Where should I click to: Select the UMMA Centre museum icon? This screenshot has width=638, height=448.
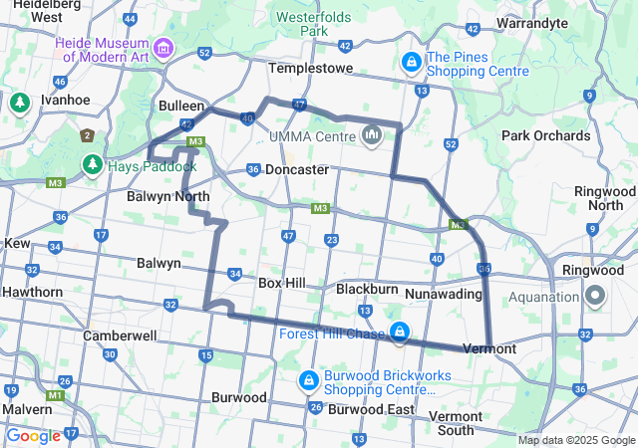[372, 134]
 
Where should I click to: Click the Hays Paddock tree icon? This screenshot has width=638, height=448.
[93, 164]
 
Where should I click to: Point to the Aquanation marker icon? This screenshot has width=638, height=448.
[595, 296]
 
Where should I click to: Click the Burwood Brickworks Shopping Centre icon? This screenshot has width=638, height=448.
[309, 381]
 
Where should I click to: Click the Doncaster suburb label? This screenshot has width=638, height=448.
[296, 169]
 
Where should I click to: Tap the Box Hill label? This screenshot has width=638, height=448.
[281, 283]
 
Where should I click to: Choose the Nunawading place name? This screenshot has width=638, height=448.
[445, 294]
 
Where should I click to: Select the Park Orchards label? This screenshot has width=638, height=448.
[545, 135]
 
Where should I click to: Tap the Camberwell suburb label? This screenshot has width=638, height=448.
[119, 336]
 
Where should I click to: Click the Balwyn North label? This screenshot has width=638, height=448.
[167, 196]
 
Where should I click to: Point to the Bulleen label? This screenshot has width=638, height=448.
[181, 106]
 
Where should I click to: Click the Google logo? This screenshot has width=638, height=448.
[33, 435]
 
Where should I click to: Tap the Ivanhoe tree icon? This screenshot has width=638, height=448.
[20, 102]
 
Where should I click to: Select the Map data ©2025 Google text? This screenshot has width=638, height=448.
[576, 440]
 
